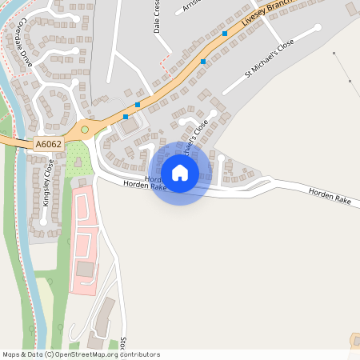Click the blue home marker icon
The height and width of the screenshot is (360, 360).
(x=180, y=172)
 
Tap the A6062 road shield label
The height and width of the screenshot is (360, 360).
(x=48, y=144)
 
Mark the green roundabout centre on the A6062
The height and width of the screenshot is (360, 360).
(x=84, y=129)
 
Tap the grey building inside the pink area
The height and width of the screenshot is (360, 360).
(x=85, y=269)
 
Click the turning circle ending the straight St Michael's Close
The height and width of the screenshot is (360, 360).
(x=318, y=28)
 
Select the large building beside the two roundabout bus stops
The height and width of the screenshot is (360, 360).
(x=128, y=126)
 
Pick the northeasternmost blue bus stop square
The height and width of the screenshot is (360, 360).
(x=225, y=34)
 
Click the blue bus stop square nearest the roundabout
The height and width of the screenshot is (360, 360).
(x=126, y=117)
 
